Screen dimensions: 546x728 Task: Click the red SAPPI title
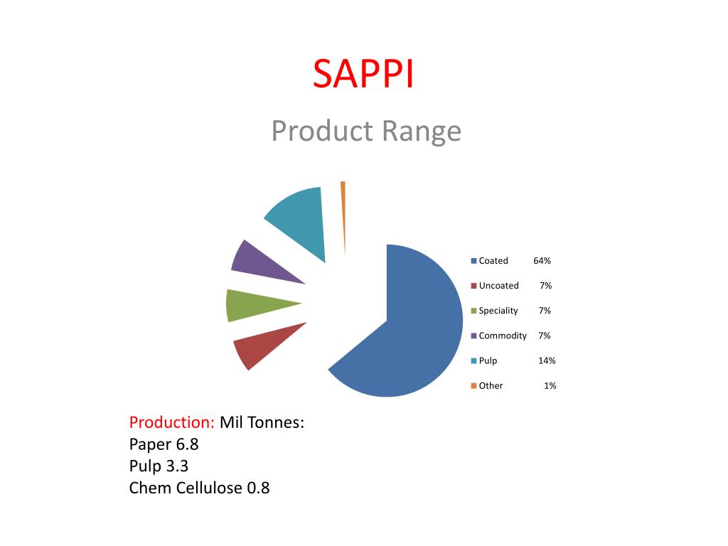pos(363,74)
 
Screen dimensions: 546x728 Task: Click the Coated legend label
pos(493,261)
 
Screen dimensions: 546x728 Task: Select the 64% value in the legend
pos(542,261)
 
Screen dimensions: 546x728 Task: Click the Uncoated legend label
pos(498,286)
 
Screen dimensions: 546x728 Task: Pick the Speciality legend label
pos(498,311)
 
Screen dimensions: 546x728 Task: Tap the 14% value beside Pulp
pos(547,360)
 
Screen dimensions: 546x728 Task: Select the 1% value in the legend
pos(550,386)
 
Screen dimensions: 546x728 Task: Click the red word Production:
pos(172,422)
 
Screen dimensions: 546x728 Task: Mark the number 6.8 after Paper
pos(186,444)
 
